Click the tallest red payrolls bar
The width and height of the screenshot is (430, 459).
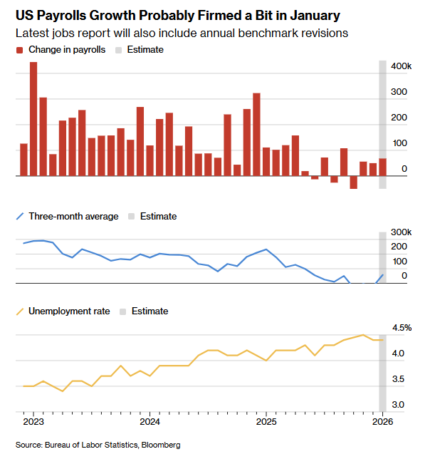pos(33,118)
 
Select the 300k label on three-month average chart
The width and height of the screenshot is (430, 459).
pos(401,232)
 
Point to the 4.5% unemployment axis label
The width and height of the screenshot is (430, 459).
pos(402,328)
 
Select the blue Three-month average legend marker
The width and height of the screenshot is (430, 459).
pos(19,216)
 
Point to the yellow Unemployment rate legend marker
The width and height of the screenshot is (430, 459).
pos(19,311)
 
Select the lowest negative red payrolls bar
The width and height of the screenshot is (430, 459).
pos(353,182)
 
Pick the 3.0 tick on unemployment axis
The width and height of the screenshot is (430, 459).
pos(400,405)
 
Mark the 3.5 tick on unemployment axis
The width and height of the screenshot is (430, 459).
pos(400,379)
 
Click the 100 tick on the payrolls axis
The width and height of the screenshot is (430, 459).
pos(400,144)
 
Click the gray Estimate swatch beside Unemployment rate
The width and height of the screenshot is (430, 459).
pos(123,311)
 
